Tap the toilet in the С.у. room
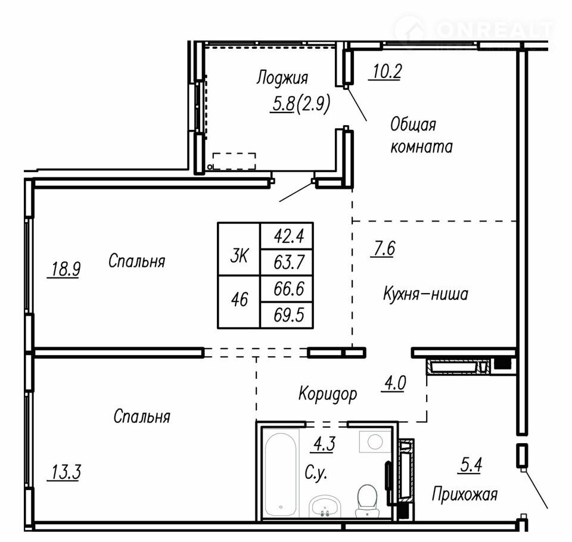click(368, 501)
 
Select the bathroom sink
click(325, 506)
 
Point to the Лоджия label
click(282, 78)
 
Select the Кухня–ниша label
click(425, 294)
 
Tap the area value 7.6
click(383, 248)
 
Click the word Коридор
click(328, 394)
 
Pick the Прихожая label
click(465, 494)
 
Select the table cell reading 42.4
click(287, 236)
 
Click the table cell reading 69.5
click(287, 314)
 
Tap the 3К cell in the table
click(239, 249)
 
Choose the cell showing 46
click(239, 302)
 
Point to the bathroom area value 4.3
click(325, 444)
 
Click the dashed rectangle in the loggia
click(234, 161)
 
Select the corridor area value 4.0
click(394, 383)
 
